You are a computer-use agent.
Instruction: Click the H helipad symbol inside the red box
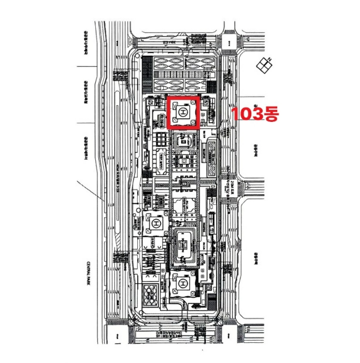coord(183,112)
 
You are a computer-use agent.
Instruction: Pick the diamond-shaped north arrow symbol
coord(265,65)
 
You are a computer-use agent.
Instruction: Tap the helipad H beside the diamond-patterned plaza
coord(182,284)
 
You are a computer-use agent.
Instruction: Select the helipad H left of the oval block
coord(154,224)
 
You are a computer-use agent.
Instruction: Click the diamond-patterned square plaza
coord(151,293)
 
